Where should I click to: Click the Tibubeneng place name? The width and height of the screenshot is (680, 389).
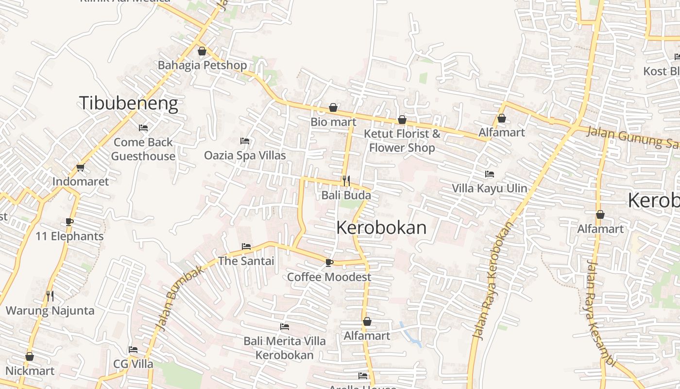pyautogui.click(x=128, y=104)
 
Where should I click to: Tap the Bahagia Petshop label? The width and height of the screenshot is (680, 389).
pyautogui.click(x=202, y=65)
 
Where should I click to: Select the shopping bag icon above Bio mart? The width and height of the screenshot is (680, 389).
pyautogui.click(x=333, y=107)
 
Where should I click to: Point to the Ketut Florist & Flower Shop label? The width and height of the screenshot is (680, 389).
pyautogui.click(x=402, y=141)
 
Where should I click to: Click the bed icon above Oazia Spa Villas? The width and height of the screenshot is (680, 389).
pyautogui.click(x=245, y=141)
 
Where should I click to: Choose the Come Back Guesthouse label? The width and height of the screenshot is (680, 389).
pyautogui.click(x=143, y=149)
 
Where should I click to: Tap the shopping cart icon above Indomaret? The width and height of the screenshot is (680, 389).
pyautogui.click(x=80, y=168)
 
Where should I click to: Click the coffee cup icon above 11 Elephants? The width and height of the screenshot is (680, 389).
pyautogui.click(x=69, y=222)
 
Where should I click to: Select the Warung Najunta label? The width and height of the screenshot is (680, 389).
pyautogui.click(x=50, y=311)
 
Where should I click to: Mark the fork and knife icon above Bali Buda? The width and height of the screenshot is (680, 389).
pyautogui.click(x=346, y=181)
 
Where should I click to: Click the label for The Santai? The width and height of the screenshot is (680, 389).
pyautogui.click(x=246, y=261)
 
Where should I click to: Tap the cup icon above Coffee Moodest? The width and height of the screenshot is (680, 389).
pyautogui.click(x=329, y=263)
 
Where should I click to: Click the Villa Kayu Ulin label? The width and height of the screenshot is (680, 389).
pyautogui.click(x=490, y=189)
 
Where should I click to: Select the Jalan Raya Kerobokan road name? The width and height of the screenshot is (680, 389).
pyautogui.click(x=493, y=281)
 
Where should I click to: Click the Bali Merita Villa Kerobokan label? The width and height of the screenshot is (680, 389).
pyautogui.click(x=285, y=348)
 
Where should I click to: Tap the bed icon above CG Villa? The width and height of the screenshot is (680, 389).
pyautogui.click(x=133, y=350)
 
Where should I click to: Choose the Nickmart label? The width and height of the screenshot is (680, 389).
pyautogui.click(x=30, y=371)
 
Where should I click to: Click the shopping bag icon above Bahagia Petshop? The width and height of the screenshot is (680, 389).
pyautogui.click(x=202, y=51)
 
